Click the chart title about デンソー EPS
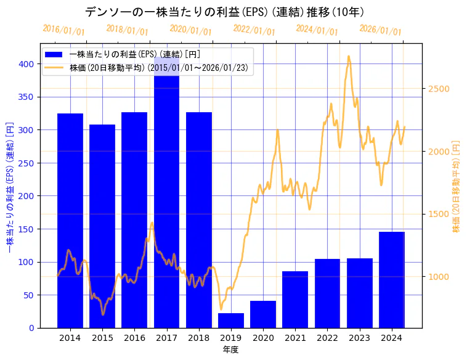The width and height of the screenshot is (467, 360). click(x=224, y=12)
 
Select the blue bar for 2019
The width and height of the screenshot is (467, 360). click(x=231, y=321)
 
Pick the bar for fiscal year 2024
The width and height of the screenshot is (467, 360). click(x=392, y=280)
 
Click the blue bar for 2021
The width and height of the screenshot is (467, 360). click(x=295, y=300)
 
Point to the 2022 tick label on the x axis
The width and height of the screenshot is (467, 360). click(x=327, y=338)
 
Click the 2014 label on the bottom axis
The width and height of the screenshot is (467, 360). click(x=70, y=338)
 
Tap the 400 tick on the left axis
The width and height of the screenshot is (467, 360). click(x=26, y=64)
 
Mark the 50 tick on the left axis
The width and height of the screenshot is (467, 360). click(x=29, y=295)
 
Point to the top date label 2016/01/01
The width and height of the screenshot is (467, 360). click(x=63, y=30)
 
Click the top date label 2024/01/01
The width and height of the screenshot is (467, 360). click(x=317, y=30)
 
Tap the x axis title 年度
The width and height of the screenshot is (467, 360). click(x=231, y=350)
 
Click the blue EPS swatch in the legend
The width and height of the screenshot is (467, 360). click(x=54, y=54)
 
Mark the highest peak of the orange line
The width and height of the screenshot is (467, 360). click(x=349, y=56)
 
